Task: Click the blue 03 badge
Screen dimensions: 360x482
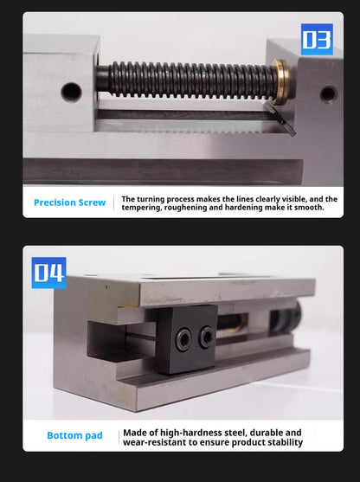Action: pyautogui.click(x=317, y=39)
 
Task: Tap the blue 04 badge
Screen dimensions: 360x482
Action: pyautogui.click(x=48, y=273)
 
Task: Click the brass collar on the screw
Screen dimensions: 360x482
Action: pyautogui.click(x=280, y=81)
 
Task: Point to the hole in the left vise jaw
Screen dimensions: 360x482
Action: pyautogui.click(x=72, y=92)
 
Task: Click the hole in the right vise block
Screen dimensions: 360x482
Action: pyautogui.click(x=329, y=94)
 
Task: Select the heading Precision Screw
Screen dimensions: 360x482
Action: pyautogui.click(x=70, y=202)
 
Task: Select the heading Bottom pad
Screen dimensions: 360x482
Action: pyautogui.click(x=74, y=435)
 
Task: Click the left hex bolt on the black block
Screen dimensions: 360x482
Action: pyautogui.click(x=183, y=339)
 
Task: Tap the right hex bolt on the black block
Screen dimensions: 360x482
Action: pyautogui.click(x=206, y=337)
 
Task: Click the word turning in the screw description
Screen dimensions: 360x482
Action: pyautogui.click(x=151, y=199)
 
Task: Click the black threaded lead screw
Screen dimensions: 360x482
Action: pyautogui.click(x=188, y=80)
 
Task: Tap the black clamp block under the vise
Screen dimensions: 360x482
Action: pyautogui.click(x=187, y=339)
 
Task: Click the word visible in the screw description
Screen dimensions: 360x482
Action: pyautogui.click(x=294, y=199)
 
